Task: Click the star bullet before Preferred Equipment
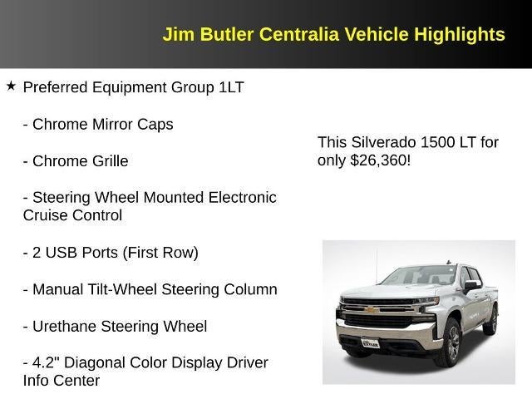click(x=11, y=86)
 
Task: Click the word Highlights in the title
click(x=461, y=35)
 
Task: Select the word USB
click(x=62, y=253)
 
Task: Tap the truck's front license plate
click(x=370, y=341)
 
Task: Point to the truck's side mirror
click(x=470, y=287)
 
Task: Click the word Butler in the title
click(x=229, y=35)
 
